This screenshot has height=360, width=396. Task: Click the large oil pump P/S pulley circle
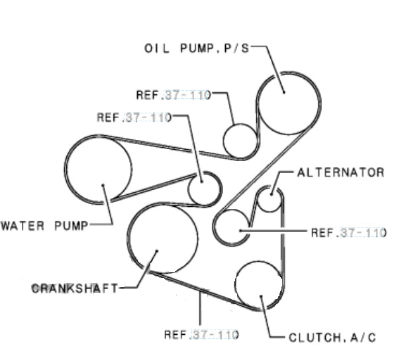coord(260,103)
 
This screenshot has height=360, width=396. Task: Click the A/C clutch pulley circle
coord(235,285)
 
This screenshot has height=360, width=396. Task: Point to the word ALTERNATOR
coord(340,173)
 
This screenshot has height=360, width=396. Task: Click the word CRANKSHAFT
coord(75,288)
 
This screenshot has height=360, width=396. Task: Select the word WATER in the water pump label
coord(23,225)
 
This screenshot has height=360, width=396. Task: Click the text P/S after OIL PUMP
coord(236,48)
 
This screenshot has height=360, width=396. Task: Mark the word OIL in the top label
coord(156,48)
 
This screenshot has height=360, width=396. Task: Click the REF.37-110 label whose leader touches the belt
coord(201,335)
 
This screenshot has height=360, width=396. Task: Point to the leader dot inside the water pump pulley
coord(103,186)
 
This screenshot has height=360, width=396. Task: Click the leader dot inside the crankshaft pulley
coord(157,251)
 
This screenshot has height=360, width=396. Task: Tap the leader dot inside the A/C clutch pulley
coord(261,296)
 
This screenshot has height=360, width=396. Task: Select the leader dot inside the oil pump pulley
coord(284,92)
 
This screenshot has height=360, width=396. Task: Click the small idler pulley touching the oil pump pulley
coord(223,141)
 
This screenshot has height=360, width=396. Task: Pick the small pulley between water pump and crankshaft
coord(188,189)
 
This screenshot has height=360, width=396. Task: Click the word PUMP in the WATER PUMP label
coord(72,225)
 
